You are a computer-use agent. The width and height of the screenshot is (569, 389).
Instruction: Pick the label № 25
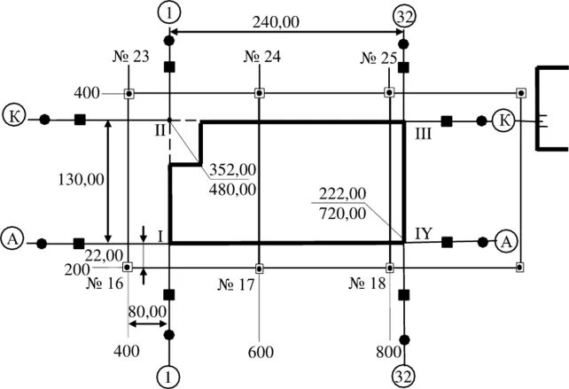378,58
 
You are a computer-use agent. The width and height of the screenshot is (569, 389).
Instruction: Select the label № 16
105,284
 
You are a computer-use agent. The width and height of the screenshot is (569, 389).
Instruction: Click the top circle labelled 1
168,12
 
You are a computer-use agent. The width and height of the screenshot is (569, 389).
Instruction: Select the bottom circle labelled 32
403,376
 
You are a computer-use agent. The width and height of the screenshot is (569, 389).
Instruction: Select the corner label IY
423,233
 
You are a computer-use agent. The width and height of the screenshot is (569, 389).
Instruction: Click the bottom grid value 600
258,351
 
